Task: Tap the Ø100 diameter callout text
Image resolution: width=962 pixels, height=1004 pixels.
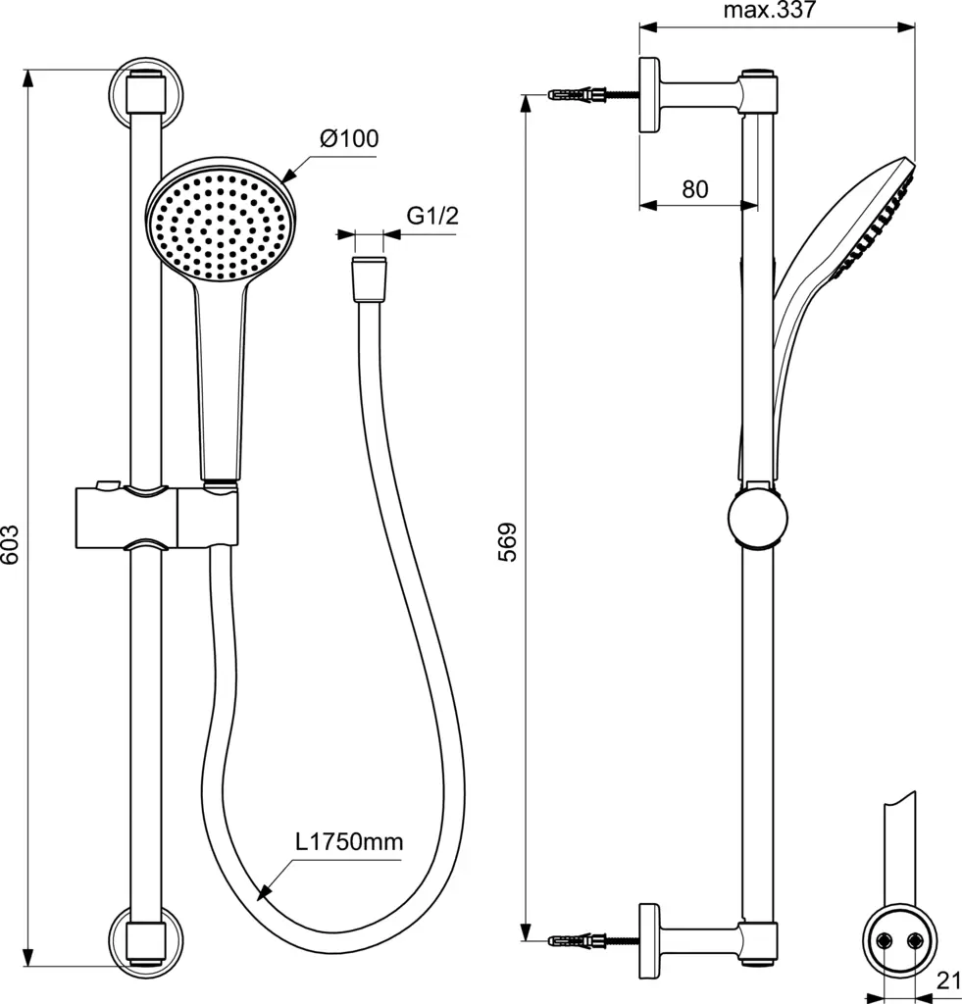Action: tap(347, 138)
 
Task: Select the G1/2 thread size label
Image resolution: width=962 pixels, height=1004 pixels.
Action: tap(432, 217)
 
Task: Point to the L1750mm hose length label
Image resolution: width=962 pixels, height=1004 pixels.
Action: tap(349, 841)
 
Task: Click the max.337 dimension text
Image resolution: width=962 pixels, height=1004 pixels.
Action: tap(770, 11)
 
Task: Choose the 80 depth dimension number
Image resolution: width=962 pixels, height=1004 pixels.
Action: tap(695, 189)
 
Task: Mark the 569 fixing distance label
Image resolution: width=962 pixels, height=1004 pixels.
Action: tap(507, 541)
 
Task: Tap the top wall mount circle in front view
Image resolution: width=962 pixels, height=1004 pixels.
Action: tap(146, 93)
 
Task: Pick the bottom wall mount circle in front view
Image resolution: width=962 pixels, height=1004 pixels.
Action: tap(146, 935)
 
